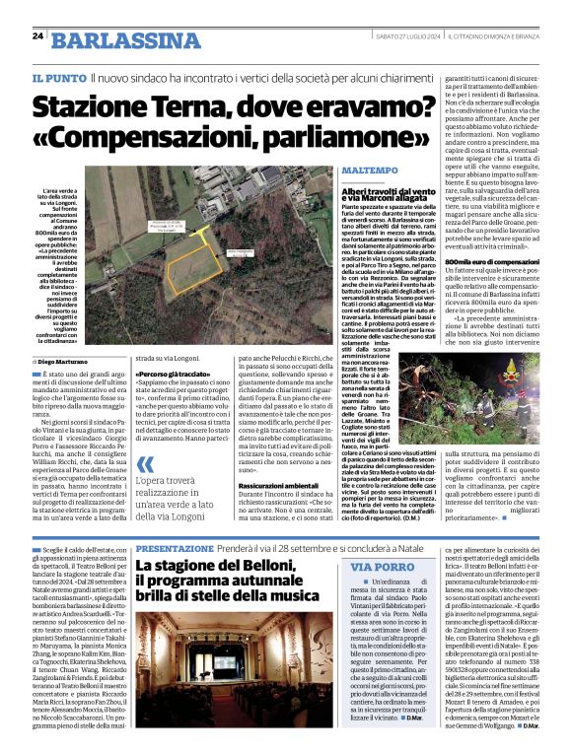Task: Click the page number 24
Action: pyautogui.click(x=37, y=36)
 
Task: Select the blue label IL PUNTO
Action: pyautogui.click(x=57, y=77)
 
